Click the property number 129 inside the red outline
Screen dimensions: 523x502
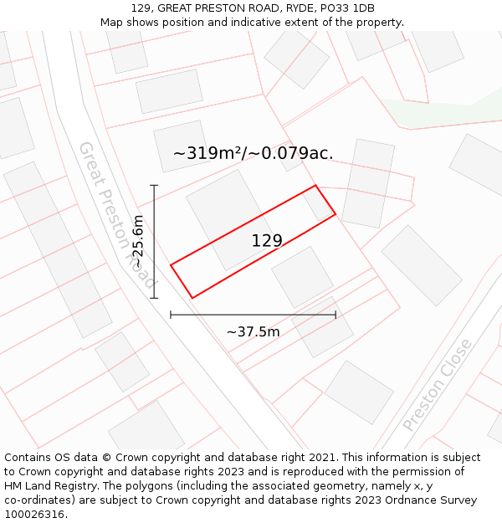(267, 241)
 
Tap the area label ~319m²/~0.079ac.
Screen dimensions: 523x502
(253, 153)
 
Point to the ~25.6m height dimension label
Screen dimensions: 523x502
(139, 242)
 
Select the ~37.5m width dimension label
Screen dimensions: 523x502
(253, 332)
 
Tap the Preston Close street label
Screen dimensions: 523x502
(438, 385)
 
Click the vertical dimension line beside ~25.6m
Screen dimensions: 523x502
(154, 242)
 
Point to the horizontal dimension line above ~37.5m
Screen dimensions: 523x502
(253, 315)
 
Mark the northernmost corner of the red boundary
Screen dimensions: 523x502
(315, 185)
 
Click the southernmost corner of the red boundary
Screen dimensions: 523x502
(192, 298)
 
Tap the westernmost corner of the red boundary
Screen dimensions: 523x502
(171, 265)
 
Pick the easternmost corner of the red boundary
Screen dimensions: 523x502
(336, 214)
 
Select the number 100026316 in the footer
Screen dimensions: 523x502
(33, 515)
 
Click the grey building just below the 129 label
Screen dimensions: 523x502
(302, 276)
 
